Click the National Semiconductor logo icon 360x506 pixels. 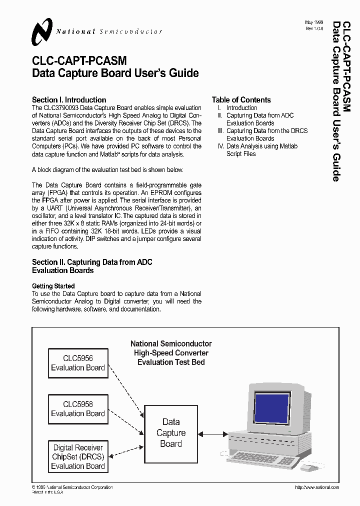pyautogui.click(x=42, y=31)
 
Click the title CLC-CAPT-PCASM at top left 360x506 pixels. pyautogui.click(x=79, y=61)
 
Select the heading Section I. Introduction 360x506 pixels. pyautogui.click(x=69, y=99)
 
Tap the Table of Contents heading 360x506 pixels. pyautogui.click(x=241, y=99)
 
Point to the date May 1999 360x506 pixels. pyautogui.click(x=314, y=23)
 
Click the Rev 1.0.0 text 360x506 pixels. pyautogui.click(x=314, y=29)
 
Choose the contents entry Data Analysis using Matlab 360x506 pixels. pyautogui.click(x=261, y=146)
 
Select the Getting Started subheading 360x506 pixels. pyautogui.click(x=53, y=286)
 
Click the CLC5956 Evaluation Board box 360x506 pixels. pyautogui.click(x=77, y=363)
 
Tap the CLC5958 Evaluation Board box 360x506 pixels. pyautogui.click(x=77, y=408)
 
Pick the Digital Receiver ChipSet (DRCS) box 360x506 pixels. pyautogui.click(x=77, y=456)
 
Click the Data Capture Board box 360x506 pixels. pyautogui.click(x=171, y=433)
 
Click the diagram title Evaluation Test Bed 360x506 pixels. pyautogui.click(x=171, y=362)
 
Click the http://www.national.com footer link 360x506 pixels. pyautogui.click(x=317, y=487)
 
